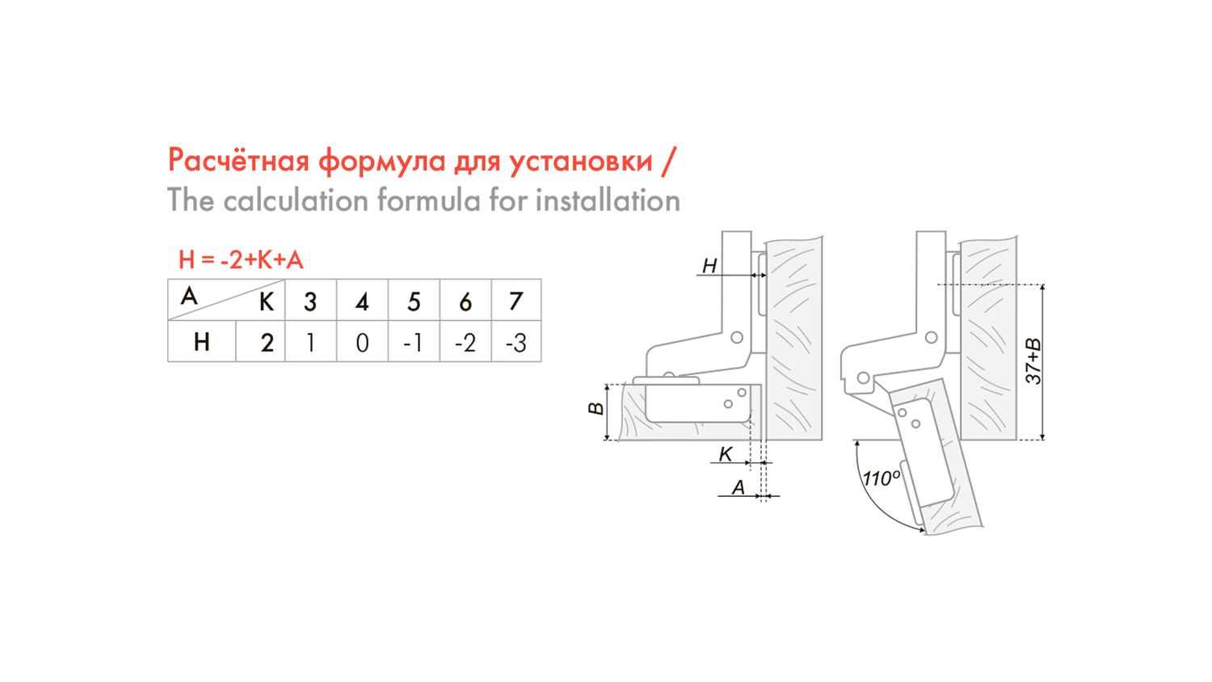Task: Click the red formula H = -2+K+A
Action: (x=241, y=260)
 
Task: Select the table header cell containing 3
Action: (x=310, y=300)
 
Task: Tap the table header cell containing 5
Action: (x=414, y=300)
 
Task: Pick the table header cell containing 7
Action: (x=516, y=300)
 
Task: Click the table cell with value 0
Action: (x=363, y=341)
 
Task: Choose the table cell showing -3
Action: (x=516, y=341)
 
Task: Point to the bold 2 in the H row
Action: (x=267, y=343)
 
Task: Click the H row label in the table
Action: (x=202, y=342)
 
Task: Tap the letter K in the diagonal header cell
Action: (x=266, y=302)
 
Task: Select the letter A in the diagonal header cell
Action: (x=189, y=296)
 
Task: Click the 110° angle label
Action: (x=882, y=478)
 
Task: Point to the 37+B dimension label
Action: (x=1033, y=361)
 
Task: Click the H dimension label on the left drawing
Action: (x=709, y=266)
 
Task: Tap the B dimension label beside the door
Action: (x=595, y=408)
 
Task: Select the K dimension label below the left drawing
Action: (x=725, y=454)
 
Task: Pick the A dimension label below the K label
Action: (x=738, y=487)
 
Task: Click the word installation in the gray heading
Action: (x=608, y=200)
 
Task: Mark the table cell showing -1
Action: (x=414, y=341)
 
